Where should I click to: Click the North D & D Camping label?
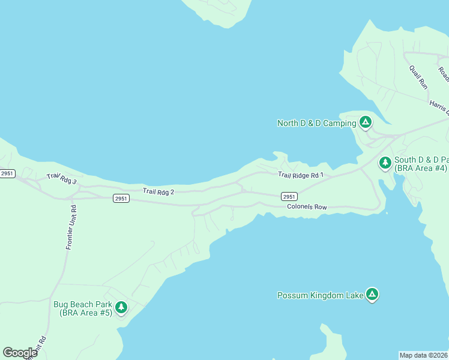point(316,124)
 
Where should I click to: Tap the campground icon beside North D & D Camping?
point(365,123)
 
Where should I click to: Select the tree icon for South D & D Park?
point(385,163)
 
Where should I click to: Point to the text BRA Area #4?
point(421,169)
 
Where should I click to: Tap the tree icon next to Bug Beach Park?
point(121,308)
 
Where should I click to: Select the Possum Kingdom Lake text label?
point(320,295)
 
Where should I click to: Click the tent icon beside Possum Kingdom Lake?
point(372,294)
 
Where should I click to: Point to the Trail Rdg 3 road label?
point(62,179)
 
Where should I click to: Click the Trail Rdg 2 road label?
point(158,191)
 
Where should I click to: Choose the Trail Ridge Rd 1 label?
point(300,175)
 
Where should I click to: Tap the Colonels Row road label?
point(307,207)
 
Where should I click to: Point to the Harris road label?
point(439,106)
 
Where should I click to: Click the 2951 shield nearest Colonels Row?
point(289,196)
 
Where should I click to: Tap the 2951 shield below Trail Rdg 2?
point(121,199)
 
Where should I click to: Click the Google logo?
point(20,353)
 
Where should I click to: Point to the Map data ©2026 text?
point(424,355)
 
